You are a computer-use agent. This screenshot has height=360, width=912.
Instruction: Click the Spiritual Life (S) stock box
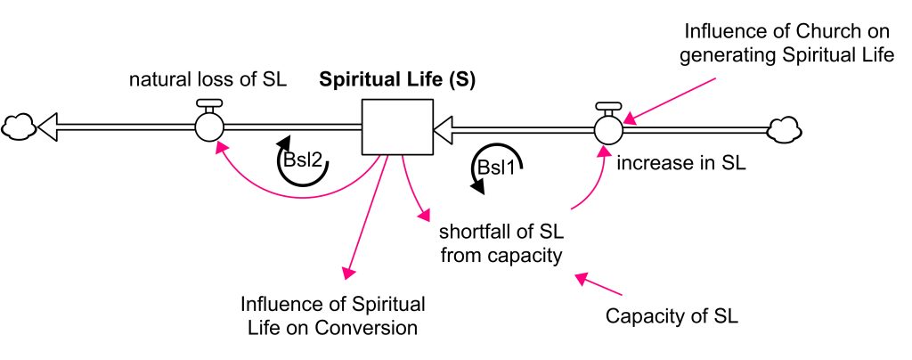point(396,127)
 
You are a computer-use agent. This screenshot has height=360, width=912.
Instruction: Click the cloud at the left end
point(18,127)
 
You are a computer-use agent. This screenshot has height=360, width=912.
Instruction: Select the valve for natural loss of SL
point(209,126)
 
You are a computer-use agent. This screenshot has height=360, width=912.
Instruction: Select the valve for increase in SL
point(609,127)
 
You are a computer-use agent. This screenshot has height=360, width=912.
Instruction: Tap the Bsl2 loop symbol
point(302,161)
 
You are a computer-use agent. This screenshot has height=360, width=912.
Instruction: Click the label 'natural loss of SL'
point(208,79)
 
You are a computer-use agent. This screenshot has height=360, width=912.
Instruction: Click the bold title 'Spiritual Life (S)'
point(397,79)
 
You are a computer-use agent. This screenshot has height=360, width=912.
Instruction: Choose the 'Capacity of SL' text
point(672,316)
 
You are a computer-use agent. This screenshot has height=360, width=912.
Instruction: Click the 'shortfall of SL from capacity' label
point(501,244)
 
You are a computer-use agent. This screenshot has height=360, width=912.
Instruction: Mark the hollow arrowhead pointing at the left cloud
point(50,127)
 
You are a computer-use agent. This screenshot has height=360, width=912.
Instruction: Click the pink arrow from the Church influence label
point(672,96)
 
